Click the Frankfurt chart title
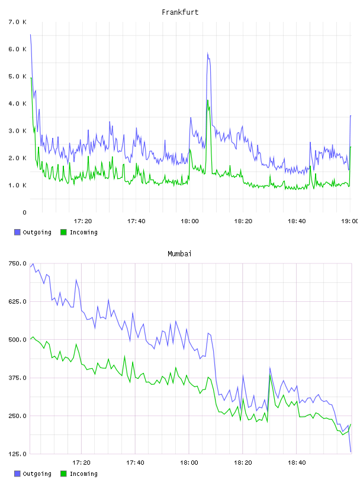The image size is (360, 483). coord(180,12)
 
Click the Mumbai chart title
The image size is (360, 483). coord(179,253)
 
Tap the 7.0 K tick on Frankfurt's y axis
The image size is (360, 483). coord(17,22)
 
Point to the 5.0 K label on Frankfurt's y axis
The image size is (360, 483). coord(17,76)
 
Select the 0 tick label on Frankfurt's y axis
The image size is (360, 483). coord(24,212)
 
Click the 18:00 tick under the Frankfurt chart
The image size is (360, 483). coord(189,221)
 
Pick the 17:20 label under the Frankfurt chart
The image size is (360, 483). coord(83,221)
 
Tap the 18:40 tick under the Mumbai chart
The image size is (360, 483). coord(297,462)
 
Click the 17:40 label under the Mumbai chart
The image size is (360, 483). coord(135,462)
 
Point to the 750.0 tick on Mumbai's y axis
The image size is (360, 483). coord(17,263)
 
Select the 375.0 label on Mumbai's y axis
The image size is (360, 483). coord(17,378)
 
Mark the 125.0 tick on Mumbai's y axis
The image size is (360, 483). coord(17,454)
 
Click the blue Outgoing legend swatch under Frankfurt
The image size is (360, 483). coord(17,232)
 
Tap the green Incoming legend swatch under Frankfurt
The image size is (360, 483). coord(63,232)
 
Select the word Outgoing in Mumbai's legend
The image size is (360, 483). coord(37,474)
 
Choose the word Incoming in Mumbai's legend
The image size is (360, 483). coord(83,474)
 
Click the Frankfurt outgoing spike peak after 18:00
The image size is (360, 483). coord(208,53)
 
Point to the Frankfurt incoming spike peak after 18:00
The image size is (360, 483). coord(208,100)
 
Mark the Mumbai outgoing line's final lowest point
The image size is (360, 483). coord(351,452)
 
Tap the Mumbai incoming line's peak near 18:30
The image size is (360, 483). coord(270,375)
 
